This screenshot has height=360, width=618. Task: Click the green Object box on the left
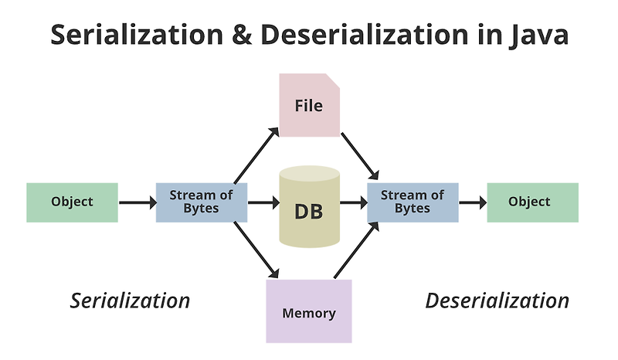pos(72,202)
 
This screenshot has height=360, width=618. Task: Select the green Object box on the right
pos(532,202)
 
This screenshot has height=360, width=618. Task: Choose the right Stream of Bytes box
pos(412,202)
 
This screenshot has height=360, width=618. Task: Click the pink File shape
pos(309,105)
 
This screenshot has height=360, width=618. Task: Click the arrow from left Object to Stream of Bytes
pos(137,203)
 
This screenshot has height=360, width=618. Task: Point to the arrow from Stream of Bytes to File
pos(257,153)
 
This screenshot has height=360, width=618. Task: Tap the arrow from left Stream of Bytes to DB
pos(263,203)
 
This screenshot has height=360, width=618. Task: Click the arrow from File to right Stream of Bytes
pos(360,154)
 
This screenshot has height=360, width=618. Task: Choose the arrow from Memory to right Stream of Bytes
pos(357,250)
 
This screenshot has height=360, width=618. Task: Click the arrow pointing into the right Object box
pos(472,203)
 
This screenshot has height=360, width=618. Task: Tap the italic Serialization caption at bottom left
pos(130,301)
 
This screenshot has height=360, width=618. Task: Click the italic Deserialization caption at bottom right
pos(497,301)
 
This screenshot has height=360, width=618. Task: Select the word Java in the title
pos(535,35)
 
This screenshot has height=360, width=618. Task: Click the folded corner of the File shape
pos(333,80)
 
